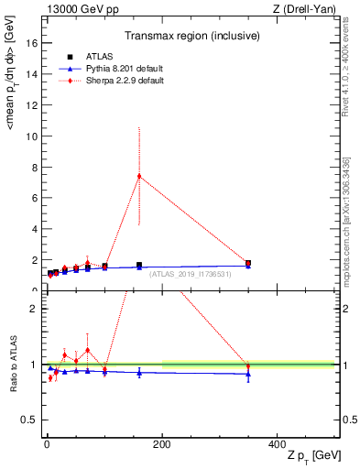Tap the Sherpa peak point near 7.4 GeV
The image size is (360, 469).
pyautogui.click(x=139, y=176)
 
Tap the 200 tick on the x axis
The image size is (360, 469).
pyautogui.click(x=162, y=443)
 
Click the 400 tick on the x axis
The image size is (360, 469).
pyautogui.click(x=277, y=443)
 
